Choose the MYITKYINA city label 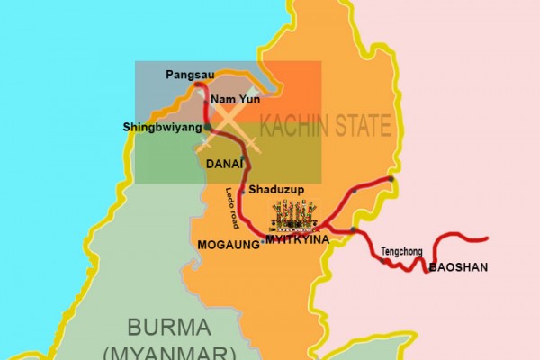click(x=296, y=238)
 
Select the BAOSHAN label click(x=454, y=268)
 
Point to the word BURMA click(x=168, y=327)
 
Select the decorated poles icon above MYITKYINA click(x=294, y=216)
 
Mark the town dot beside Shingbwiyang click(x=208, y=128)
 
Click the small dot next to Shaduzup click(x=242, y=190)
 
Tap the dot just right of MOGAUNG click(x=261, y=240)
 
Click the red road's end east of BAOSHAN click(x=487, y=238)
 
